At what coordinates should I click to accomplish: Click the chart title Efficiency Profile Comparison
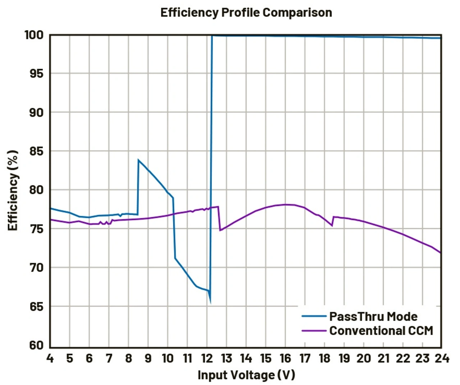pos(246,13)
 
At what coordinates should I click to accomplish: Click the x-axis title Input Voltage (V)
pos(246,375)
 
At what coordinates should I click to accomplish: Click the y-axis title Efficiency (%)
pos(13,190)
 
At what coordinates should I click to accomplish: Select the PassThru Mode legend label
pos(373,316)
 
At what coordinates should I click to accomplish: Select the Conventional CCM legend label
pos(381,330)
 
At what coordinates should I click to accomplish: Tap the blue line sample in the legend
pos(314,316)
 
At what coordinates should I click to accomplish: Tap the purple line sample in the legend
pos(314,330)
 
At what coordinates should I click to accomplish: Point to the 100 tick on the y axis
pos(34,35)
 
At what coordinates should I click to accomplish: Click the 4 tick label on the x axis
pos(50,358)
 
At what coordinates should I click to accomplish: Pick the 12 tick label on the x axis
pos(207,358)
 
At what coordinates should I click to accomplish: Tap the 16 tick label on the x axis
pos(285,358)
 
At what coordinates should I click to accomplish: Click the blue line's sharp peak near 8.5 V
pos(138,160)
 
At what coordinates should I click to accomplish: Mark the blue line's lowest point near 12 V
pos(210,302)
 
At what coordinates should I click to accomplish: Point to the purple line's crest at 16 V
pos(286,205)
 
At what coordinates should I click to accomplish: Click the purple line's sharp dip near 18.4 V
pos(332,226)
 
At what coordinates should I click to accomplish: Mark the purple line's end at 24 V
pos(441,253)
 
